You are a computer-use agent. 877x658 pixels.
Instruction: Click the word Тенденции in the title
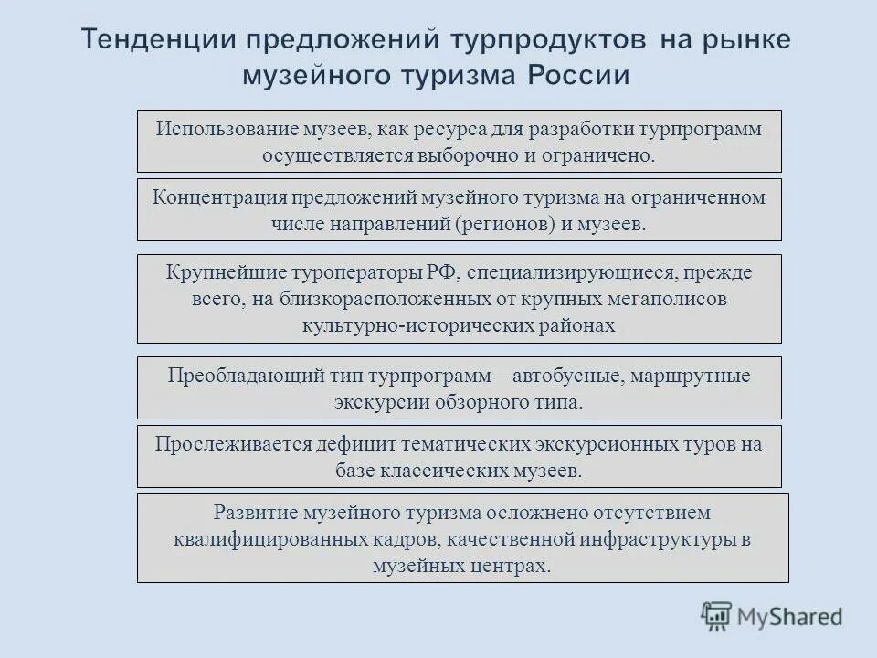click(x=165, y=40)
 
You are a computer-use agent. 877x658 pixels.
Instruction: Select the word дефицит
click(x=355, y=444)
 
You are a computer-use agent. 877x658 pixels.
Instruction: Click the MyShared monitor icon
click(x=716, y=616)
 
